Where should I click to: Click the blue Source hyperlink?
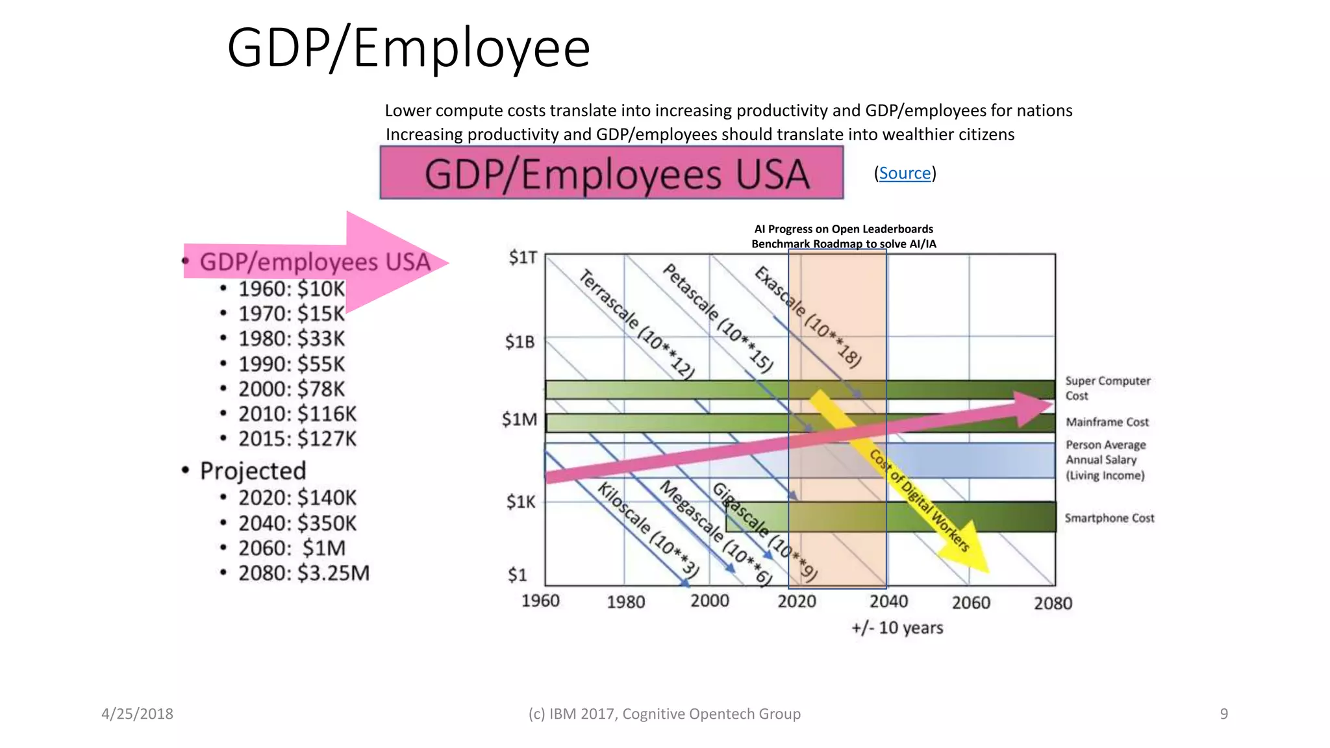pos(905,173)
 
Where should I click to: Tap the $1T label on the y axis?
pos(523,258)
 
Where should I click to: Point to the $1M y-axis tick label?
pos(520,420)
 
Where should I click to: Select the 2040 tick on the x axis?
pos(888,602)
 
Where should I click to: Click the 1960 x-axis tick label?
pos(540,601)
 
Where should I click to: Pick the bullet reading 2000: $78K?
pos(291,389)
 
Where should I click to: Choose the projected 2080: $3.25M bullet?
pos(303,573)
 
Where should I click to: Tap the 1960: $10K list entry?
pos(291,289)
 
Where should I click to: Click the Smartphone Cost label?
pos(1109,518)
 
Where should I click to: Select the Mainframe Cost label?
pos(1107,422)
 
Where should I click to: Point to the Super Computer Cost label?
pos(1107,388)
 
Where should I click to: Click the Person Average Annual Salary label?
pos(1105,460)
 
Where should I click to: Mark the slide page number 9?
pos(1223,714)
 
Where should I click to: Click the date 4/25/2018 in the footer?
pos(137,714)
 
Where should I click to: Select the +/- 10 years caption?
pos(897,628)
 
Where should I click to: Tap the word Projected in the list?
pos(253,471)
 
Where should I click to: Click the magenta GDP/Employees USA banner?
pos(611,173)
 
